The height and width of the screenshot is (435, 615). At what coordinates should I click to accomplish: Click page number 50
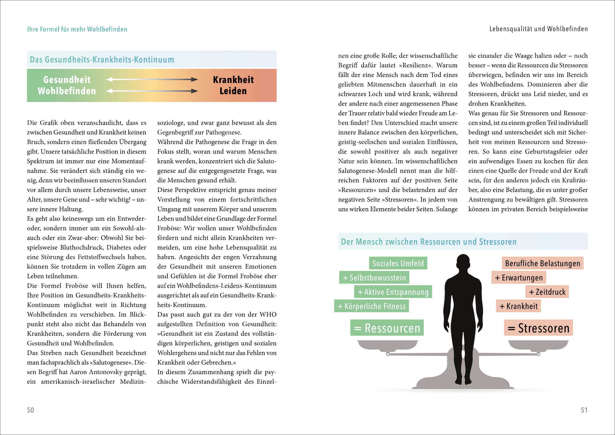(x=31, y=410)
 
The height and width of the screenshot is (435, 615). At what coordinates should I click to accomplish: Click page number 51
(x=584, y=410)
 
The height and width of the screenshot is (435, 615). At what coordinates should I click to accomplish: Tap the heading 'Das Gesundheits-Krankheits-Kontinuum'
(x=102, y=59)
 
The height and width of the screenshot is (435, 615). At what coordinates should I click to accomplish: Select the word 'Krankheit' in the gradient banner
(x=233, y=80)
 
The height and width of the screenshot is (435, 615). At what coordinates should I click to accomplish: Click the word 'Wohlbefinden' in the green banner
(x=67, y=91)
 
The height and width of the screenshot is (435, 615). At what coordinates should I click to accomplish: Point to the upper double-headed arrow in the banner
(x=152, y=79)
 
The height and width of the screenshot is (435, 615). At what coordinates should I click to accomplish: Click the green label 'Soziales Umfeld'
(x=398, y=263)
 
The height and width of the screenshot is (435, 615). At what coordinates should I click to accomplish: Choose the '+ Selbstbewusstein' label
(x=374, y=277)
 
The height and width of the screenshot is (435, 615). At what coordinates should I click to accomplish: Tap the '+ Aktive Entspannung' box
(x=393, y=292)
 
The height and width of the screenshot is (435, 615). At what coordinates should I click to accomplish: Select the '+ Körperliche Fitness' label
(x=372, y=306)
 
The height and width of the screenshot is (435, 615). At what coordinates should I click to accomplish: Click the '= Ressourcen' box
(x=387, y=328)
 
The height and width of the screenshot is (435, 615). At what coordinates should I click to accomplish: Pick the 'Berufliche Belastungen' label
(x=542, y=263)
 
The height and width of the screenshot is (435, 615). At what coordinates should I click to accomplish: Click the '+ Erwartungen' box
(x=519, y=277)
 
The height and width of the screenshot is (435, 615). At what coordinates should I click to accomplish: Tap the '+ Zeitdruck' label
(x=547, y=292)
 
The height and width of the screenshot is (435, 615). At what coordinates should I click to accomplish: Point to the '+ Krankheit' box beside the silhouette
(x=518, y=306)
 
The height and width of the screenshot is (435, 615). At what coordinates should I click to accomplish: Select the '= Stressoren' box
(x=538, y=328)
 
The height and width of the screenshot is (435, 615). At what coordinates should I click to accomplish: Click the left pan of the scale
(x=387, y=345)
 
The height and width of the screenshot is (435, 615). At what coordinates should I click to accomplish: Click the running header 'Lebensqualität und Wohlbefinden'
(x=538, y=29)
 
